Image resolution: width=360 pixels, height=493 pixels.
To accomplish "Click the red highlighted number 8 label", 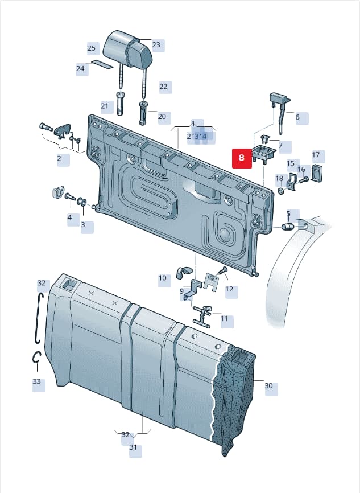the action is coord(242,157).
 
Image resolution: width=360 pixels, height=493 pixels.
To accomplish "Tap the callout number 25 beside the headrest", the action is coord(92,48).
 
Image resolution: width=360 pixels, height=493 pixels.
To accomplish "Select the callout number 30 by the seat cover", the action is coord(268,385).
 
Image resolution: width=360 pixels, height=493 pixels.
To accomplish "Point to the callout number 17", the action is coord(316,155).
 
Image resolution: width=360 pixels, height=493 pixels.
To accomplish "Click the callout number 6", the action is coord(297,117).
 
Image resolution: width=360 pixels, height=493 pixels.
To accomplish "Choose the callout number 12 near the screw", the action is coord(229,289).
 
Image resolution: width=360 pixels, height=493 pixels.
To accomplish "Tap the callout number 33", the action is coord(37,381).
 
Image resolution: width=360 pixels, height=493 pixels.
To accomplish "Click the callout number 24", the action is coord(80,68).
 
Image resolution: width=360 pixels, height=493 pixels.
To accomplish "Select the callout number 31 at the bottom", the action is coord(133,447).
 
